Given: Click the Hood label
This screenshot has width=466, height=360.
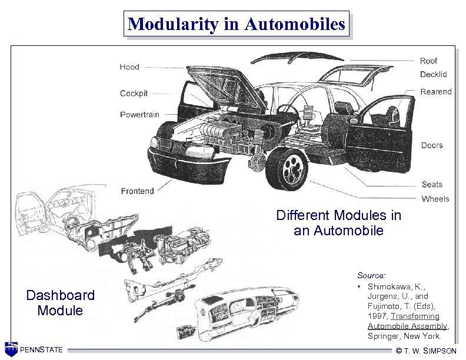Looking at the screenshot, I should [x=129, y=67].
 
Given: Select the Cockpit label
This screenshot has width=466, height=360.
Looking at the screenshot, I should [x=134, y=94].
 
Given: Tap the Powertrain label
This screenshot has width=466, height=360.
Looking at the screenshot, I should [x=139, y=114].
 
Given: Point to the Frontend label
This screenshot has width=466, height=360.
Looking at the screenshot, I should [x=137, y=191].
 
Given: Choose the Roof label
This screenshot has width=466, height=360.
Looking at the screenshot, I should [x=428, y=61].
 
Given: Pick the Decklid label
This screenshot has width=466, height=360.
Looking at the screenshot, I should [x=433, y=74].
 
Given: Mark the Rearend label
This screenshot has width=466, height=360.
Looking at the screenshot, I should [x=436, y=91].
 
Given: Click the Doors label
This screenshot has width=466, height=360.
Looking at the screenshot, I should [x=432, y=145].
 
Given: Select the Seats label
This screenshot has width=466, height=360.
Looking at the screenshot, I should [x=432, y=185].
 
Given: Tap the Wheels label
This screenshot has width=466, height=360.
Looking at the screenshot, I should [x=435, y=199].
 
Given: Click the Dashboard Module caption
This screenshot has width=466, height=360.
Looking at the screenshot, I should [x=60, y=302].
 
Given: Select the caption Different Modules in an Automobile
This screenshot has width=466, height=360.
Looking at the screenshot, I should [x=338, y=223].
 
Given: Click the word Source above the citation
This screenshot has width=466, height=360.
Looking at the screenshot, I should [x=371, y=275].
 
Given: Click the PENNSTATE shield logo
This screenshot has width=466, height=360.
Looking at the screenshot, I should [x=11, y=349].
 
